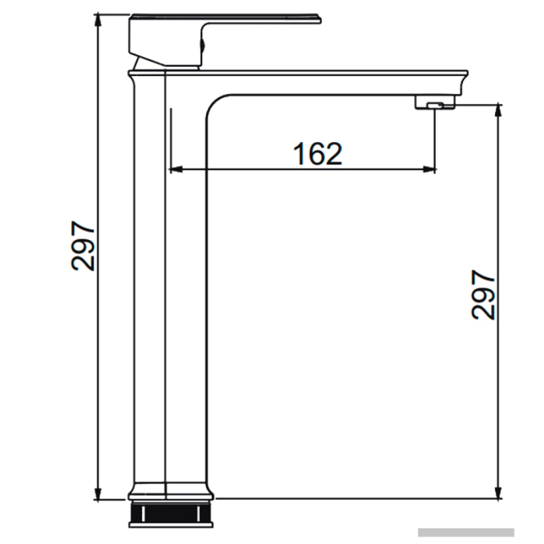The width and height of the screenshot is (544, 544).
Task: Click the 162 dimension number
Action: pyautogui.click(x=318, y=154)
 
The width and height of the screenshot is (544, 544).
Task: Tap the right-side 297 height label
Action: pyautogui.click(x=483, y=295)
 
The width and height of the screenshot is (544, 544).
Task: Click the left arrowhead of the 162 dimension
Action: pyautogui.click(x=175, y=169)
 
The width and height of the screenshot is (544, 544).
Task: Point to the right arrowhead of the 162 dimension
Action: pyautogui.click(x=430, y=169)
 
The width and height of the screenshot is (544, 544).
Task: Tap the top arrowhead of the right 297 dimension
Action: pyautogui.click(x=498, y=110)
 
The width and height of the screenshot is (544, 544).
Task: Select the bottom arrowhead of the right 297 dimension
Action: pyautogui.click(x=498, y=492)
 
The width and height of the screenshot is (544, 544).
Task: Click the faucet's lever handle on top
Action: pyautogui.click(x=226, y=19)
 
